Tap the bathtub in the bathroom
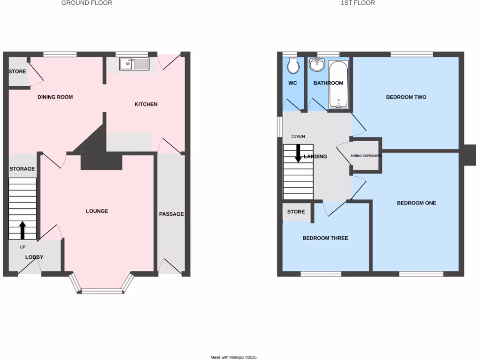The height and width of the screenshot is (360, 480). click(x=337, y=85)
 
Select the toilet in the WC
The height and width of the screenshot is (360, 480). click(x=293, y=66)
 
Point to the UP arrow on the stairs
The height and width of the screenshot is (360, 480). click(x=22, y=231)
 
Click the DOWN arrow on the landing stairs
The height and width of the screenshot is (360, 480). click(x=298, y=153)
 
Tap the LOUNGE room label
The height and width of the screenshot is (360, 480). click(x=97, y=211)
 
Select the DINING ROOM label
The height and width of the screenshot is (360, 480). click(x=55, y=97)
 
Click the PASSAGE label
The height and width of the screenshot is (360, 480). click(x=171, y=214)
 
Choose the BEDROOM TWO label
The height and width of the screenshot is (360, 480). click(x=406, y=97)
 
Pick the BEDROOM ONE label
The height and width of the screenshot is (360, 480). click(x=416, y=203)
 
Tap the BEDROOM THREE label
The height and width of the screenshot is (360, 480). click(x=325, y=238)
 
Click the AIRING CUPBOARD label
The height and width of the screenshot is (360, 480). click(x=366, y=156)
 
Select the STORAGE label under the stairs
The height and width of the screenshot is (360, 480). click(x=22, y=169)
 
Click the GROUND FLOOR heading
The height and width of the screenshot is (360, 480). click(x=87, y=3)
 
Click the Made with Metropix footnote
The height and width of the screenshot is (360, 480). click(x=233, y=357)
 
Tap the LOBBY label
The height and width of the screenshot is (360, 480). click(x=34, y=257)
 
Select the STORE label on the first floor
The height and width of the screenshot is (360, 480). click(x=296, y=212)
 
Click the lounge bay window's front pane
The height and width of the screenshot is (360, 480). click(x=102, y=291)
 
